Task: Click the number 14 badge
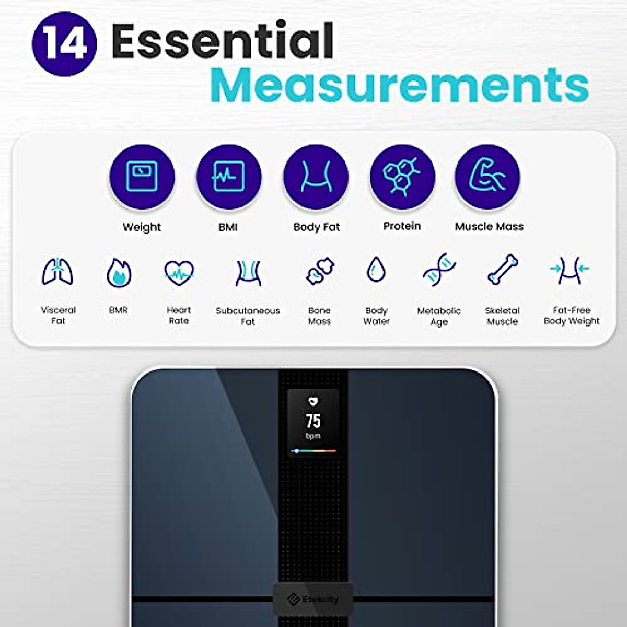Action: point(64,44)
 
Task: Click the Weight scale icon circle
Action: point(142,177)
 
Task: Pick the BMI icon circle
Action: point(228,177)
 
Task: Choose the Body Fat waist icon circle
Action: point(316,177)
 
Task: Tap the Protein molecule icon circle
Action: point(402,177)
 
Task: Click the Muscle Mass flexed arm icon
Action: point(487,177)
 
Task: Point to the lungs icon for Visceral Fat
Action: point(57,272)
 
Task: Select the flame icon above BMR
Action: point(119,272)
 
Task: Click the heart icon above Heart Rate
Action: point(179,272)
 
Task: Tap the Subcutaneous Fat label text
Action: point(248,316)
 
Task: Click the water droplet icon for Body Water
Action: point(376,270)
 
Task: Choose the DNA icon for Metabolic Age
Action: point(439,270)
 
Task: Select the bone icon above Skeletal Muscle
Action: point(503,270)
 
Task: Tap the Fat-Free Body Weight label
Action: point(572,316)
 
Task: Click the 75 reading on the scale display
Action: point(313,421)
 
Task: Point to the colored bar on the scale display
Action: point(313,450)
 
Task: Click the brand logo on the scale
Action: point(313,599)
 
